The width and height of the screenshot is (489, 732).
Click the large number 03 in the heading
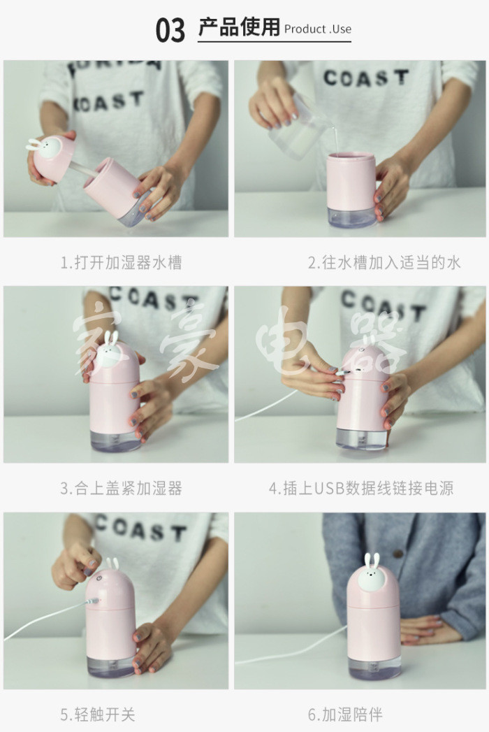170,30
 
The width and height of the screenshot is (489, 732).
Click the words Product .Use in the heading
318,29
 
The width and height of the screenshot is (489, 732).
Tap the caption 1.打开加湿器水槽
121,262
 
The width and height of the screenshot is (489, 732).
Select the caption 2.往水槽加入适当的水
384,262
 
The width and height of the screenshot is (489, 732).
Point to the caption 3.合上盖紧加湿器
121,488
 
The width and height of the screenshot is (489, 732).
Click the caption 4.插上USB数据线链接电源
361,488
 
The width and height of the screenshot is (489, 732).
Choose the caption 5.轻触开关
98,715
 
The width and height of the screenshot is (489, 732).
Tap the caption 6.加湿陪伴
345,715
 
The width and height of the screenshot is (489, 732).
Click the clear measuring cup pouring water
295,126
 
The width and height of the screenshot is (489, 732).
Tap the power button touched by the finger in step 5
99,577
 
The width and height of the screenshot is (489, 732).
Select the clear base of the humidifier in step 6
374,666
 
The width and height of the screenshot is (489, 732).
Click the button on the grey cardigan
397,554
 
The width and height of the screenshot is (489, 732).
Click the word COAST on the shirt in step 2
366,78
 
